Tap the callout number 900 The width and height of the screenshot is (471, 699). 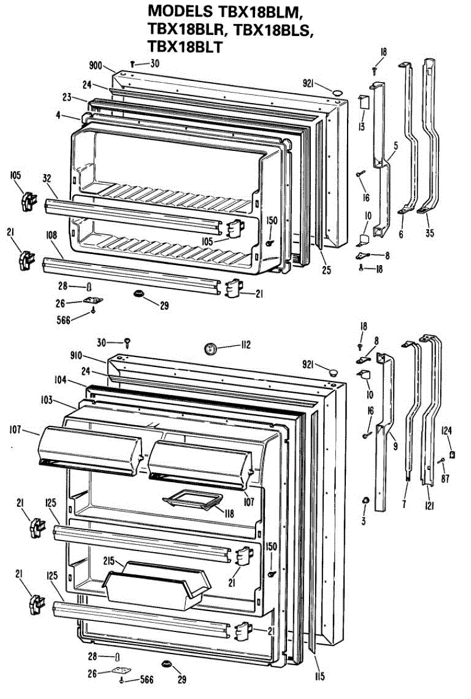(97, 66)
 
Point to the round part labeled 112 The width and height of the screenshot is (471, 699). (210, 349)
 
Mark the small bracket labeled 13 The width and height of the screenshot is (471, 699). (361, 101)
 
